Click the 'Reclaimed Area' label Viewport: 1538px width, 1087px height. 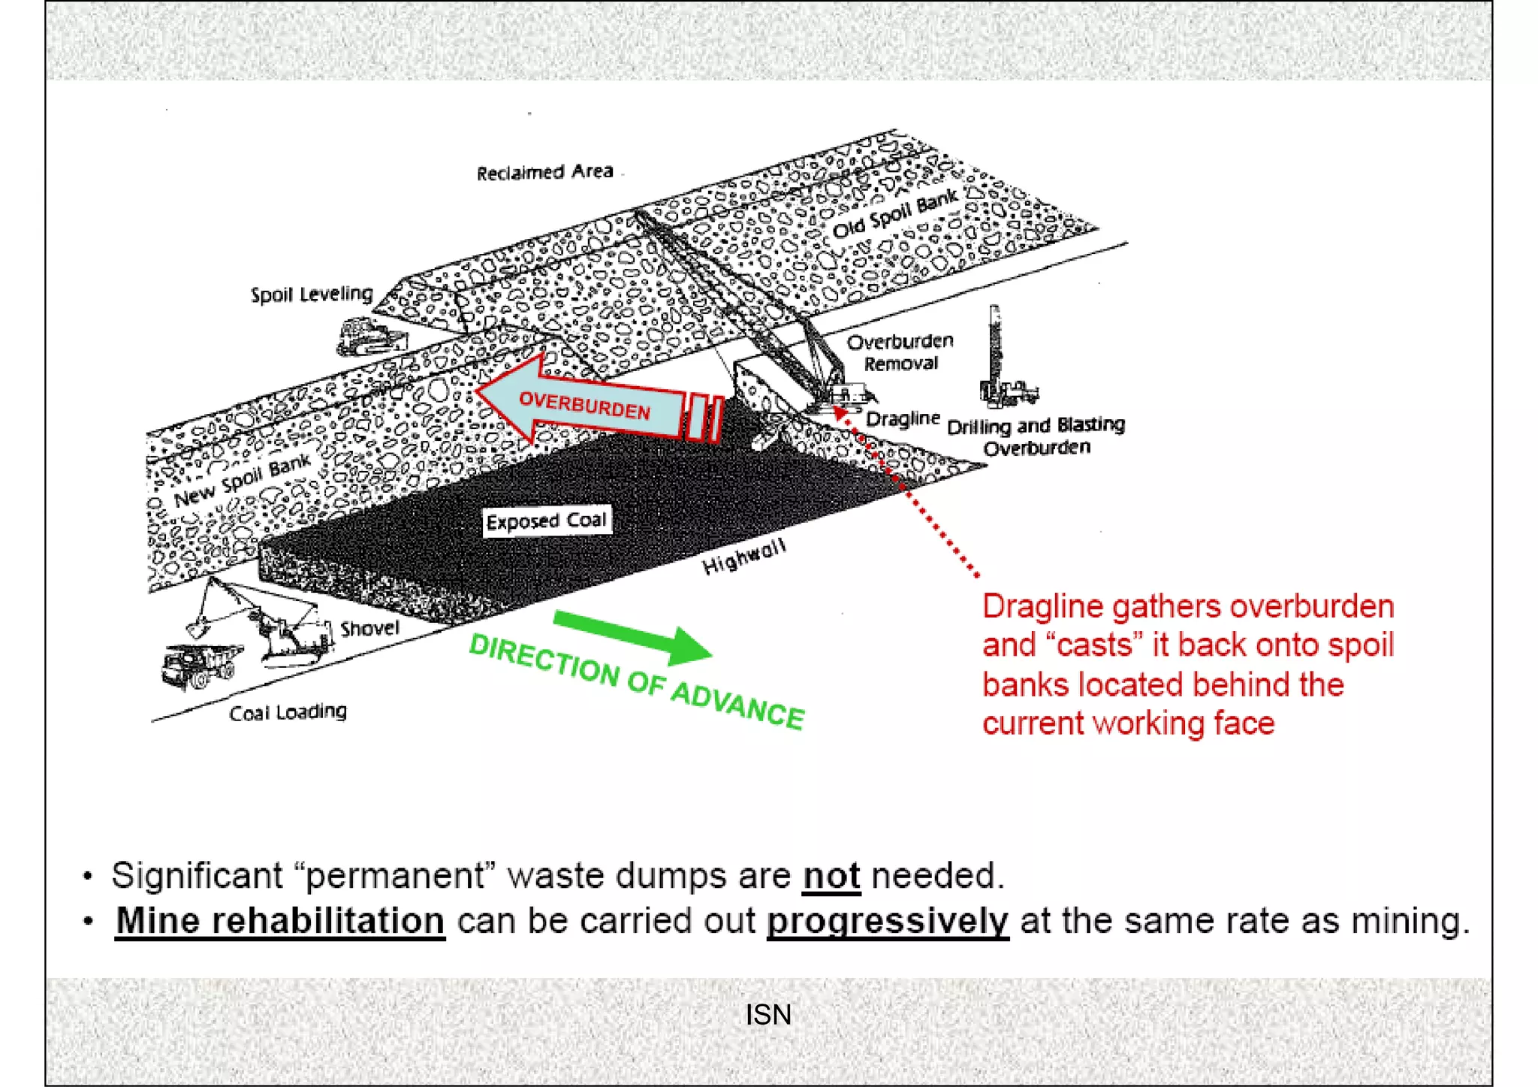click(x=545, y=173)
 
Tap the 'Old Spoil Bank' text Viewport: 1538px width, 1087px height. click(x=895, y=213)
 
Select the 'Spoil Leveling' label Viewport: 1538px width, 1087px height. click(x=312, y=294)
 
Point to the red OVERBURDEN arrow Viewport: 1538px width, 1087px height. click(x=593, y=406)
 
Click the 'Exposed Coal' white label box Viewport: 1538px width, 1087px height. click(x=546, y=521)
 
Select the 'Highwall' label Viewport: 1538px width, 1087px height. click(x=743, y=557)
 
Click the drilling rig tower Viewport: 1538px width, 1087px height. click(x=995, y=353)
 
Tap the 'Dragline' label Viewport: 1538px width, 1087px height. click(x=902, y=418)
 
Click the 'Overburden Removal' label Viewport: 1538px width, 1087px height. click(x=900, y=353)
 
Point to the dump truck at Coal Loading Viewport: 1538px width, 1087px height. click(x=199, y=664)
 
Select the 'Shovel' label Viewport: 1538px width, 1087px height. click(x=369, y=628)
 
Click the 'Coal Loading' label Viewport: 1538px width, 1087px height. click(x=288, y=712)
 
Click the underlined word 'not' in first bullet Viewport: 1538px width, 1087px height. click(x=831, y=876)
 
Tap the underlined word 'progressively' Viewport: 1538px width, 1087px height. click(x=887, y=921)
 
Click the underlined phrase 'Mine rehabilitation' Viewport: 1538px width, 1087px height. click(x=280, y=921)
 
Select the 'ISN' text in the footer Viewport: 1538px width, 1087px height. click(x=767, y=1015)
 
